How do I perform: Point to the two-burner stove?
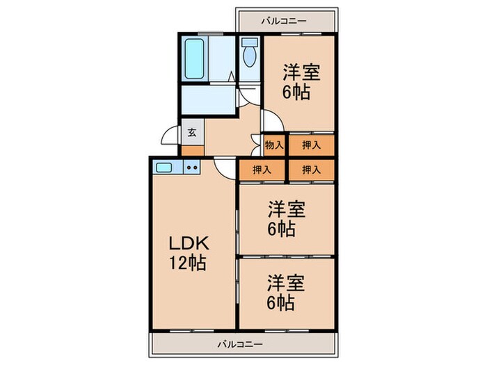pos(193,167)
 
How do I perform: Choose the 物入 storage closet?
pos(274,145)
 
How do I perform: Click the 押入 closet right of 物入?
pos(310,145)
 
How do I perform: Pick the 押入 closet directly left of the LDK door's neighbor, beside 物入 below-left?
pos(262,169)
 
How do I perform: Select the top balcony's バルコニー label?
pos(283,21)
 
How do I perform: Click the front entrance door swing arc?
pos(169,137)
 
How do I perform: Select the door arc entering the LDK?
pos(224,166)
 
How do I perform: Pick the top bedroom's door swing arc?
pos(272,122)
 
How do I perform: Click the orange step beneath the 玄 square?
pos(192,150)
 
